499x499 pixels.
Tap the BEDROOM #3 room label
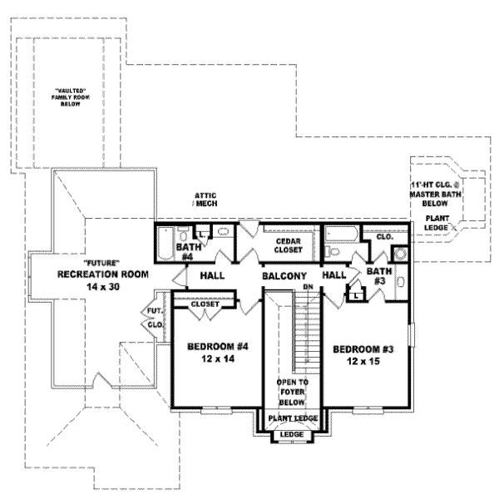(x=362, y=349)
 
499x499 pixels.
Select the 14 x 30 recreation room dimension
(x=102, y=286)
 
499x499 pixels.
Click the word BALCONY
(x=284, y=275)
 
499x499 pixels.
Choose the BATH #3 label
(x=379, y=275)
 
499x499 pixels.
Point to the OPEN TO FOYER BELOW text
(x=292, y=391)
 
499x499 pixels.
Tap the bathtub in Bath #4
(x=164, y=245)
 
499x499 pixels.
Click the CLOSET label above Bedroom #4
(x=205, y=304)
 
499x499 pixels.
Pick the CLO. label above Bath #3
(x=383, y=236)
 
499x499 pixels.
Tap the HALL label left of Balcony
(x=212, y=275)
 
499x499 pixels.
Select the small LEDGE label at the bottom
(x=291, y=435)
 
